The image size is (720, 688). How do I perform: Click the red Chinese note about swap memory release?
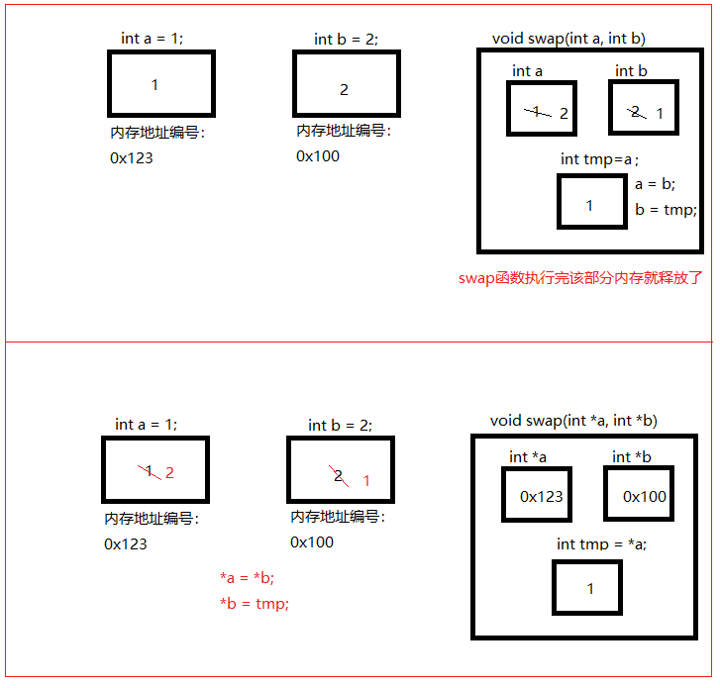(580, 278)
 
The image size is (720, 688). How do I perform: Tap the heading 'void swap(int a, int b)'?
(568, 39)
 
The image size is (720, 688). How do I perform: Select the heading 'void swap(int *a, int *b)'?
(573, 421)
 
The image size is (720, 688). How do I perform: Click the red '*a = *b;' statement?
(247, 578)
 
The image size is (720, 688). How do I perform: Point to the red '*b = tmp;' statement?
(255, 604)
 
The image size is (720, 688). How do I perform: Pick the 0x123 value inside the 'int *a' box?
(542, 497)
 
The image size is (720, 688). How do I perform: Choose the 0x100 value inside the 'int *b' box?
(644, 497)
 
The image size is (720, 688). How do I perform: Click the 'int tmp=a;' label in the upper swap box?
(599, 159)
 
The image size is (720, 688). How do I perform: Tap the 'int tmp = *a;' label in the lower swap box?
(601, 544)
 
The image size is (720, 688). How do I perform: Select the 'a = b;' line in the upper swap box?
(655, 184)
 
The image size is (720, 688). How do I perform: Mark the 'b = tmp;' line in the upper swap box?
(666, 210)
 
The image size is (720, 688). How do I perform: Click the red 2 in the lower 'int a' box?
(169, 473)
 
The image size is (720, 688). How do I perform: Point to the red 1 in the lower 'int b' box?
(366, 481)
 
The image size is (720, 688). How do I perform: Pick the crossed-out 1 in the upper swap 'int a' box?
(537, 112)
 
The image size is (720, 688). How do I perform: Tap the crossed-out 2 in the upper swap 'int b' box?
(636, 112)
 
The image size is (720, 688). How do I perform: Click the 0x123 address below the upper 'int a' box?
(132, 158)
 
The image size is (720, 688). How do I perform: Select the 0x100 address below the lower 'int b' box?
(312, 542)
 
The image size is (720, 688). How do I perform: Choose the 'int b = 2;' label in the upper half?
(347, 40)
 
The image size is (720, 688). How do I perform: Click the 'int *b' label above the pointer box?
(632, 457)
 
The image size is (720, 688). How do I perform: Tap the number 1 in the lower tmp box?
(590, 589)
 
